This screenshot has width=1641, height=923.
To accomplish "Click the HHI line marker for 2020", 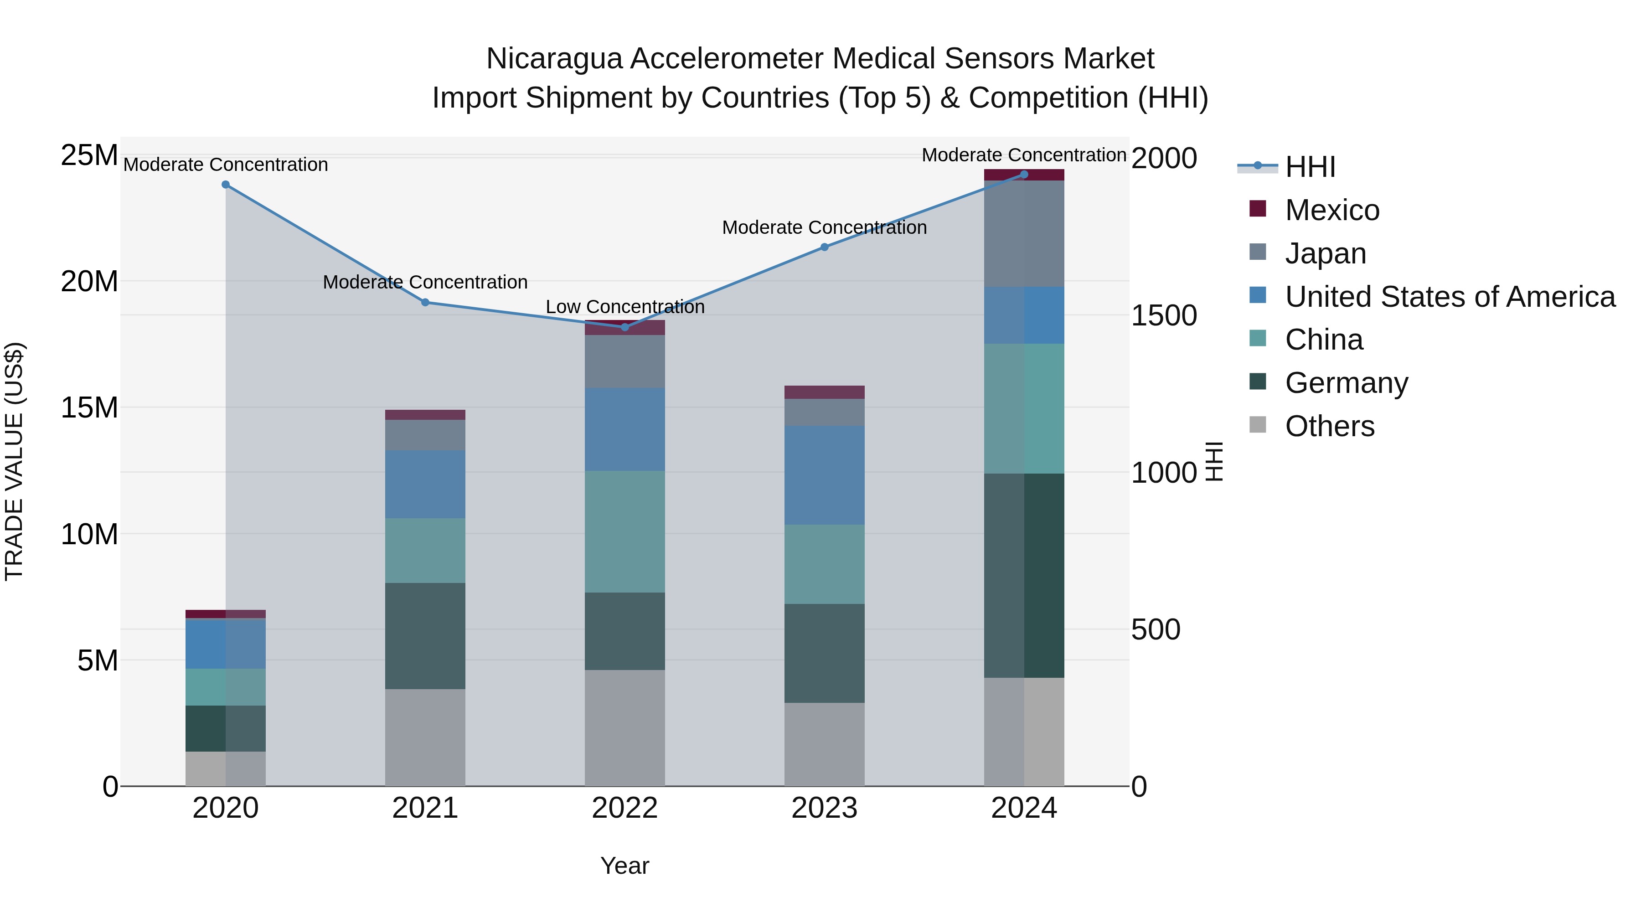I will [226, 185].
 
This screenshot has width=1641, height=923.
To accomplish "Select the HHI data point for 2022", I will [625, 327].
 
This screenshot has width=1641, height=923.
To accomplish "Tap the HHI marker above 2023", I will [824, 247].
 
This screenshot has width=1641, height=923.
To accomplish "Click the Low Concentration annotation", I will [625, 307].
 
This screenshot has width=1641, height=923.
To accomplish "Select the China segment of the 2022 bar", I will [625, 531].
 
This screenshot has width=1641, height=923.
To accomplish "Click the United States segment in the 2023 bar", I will [824, 475].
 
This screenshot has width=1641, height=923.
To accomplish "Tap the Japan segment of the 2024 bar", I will [1024, 234].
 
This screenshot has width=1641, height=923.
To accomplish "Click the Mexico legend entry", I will [1332, 210].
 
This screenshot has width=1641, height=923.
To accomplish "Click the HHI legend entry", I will [1310, 167].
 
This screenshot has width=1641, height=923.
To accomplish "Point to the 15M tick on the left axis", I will [90, 407].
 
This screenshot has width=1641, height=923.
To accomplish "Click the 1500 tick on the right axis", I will [1164, 316].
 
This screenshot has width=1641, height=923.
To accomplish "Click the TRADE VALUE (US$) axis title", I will [15, 461].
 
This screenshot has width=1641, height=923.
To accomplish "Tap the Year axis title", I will [624, 866].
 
